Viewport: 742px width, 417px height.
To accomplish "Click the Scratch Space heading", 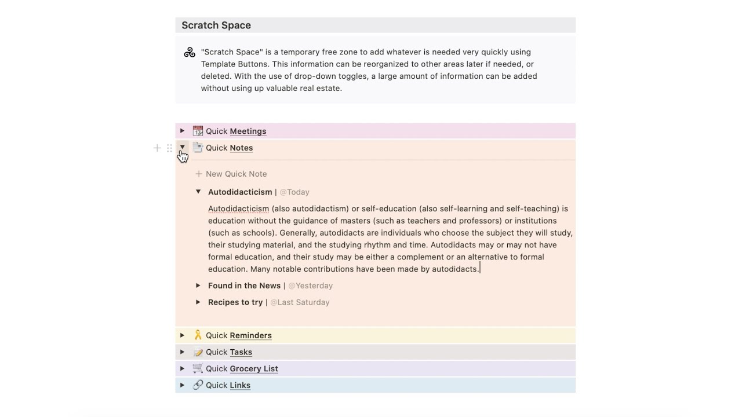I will click(216, 25).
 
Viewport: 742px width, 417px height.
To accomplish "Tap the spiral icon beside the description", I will click(190, 53).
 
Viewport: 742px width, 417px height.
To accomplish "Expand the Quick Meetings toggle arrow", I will click(182, 131).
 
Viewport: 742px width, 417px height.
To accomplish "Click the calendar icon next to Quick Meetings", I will click(198, 131).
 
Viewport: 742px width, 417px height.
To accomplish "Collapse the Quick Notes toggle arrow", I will click(182, 147).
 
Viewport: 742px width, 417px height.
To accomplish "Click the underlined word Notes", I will click(241, 148).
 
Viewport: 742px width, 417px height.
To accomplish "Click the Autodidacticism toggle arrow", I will click(198, 192).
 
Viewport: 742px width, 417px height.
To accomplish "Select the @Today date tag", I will click(294, 192).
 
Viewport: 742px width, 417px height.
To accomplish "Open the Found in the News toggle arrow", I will click(198, 286).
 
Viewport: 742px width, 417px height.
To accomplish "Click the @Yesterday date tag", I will click(310, 286).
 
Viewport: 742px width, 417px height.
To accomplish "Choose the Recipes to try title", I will click(235, 302).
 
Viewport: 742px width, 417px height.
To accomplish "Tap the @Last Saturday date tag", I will click(300, 302).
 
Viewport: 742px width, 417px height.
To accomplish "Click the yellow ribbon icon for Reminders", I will click(198, 335).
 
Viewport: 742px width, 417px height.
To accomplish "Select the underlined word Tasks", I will click(241, 352).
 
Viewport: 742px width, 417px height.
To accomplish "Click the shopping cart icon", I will click(198, 368).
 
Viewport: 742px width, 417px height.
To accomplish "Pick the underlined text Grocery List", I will click(254, 369).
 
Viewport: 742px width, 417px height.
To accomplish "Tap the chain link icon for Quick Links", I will click(198, 385).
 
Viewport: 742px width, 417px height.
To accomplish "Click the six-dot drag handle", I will click(169, 148).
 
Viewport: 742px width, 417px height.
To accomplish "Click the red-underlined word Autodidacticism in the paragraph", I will click(238, 209).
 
